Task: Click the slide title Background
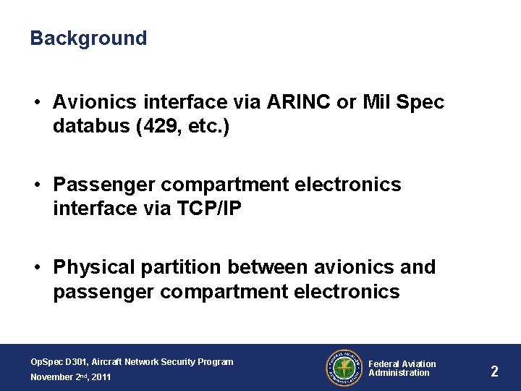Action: click(x=88, y=38)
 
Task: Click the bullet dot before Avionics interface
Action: click(x=36, y=104)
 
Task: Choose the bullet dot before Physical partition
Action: click(x=36, y=268)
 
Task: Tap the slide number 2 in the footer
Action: click(x=494, y=371)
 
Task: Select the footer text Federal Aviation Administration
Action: click(x=402, y=369)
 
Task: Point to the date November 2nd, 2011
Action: click(x=70, y=377)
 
